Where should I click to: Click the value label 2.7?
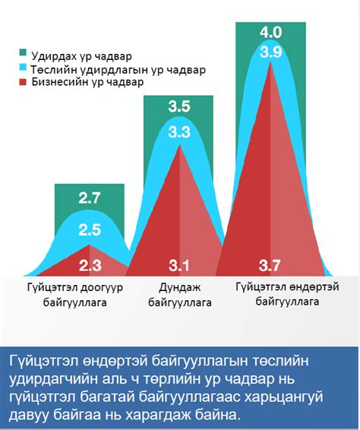point(89,199)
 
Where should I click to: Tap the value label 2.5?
point(89,229)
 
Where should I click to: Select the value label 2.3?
point(89,265)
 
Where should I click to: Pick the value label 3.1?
point(179,265)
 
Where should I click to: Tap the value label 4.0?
point(271,33)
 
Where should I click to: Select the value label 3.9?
point(271,52)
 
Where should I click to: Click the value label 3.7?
point(271,265)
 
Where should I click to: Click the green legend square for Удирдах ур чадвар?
point(23,54)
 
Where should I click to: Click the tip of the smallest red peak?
point(90,245)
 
